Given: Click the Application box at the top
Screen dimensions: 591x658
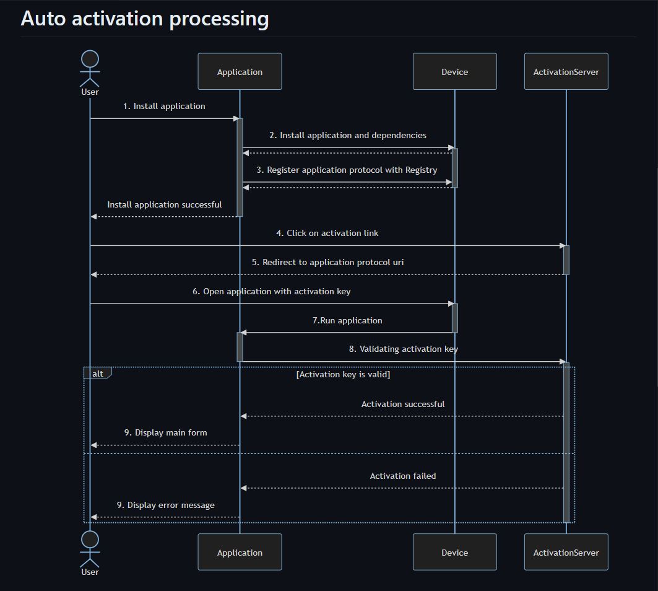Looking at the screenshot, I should pyautogui.click(x=240, y=72).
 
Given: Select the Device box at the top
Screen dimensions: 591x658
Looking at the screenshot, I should pyautogui.click(x=454, y=72).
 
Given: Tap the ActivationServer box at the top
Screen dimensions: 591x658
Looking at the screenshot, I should pyautogui.click(x=566, y=72).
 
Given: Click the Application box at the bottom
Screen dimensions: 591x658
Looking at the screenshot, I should pyautogui.click(x=240, y=552).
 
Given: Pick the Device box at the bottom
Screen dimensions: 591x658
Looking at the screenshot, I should pyautogui.click(x=454, y=552).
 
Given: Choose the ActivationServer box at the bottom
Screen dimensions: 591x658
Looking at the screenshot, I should pyautogui.click(x=566, y=552).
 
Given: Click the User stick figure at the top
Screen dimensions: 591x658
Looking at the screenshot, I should pyautogui.click(x=90, y=68).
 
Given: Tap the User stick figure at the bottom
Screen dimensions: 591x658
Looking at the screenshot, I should pyautogui.click(x=90, y=548).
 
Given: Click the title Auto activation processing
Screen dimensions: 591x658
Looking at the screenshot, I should pyautogui.click(x=145, y=19).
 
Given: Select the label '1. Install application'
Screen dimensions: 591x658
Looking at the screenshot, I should pyautogui.click(x=164, y=106).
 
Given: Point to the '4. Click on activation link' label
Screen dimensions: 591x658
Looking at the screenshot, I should pyautogui.click(x=327, y=233).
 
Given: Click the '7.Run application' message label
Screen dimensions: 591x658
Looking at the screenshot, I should pyautogui.click(x=347, y=320).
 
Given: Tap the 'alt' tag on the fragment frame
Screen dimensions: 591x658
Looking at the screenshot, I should pyautogui.click(x=98, y=374).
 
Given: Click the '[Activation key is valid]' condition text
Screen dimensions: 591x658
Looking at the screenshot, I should pyautogui.click(x=343, y=374).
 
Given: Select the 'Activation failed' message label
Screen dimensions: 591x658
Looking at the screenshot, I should pyautogui.click(x=402, y=476).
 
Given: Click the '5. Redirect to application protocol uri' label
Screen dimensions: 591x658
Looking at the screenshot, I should pyautogui.click(x=327, y=262).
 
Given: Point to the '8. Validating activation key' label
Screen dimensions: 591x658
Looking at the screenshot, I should pyautogui.click(x=403, y=349).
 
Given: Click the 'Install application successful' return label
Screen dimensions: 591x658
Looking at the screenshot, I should pyautogui.click(x=164, y=204).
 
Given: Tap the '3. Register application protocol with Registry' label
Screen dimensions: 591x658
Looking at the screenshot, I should pyautogui.click(x=347, y=170).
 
